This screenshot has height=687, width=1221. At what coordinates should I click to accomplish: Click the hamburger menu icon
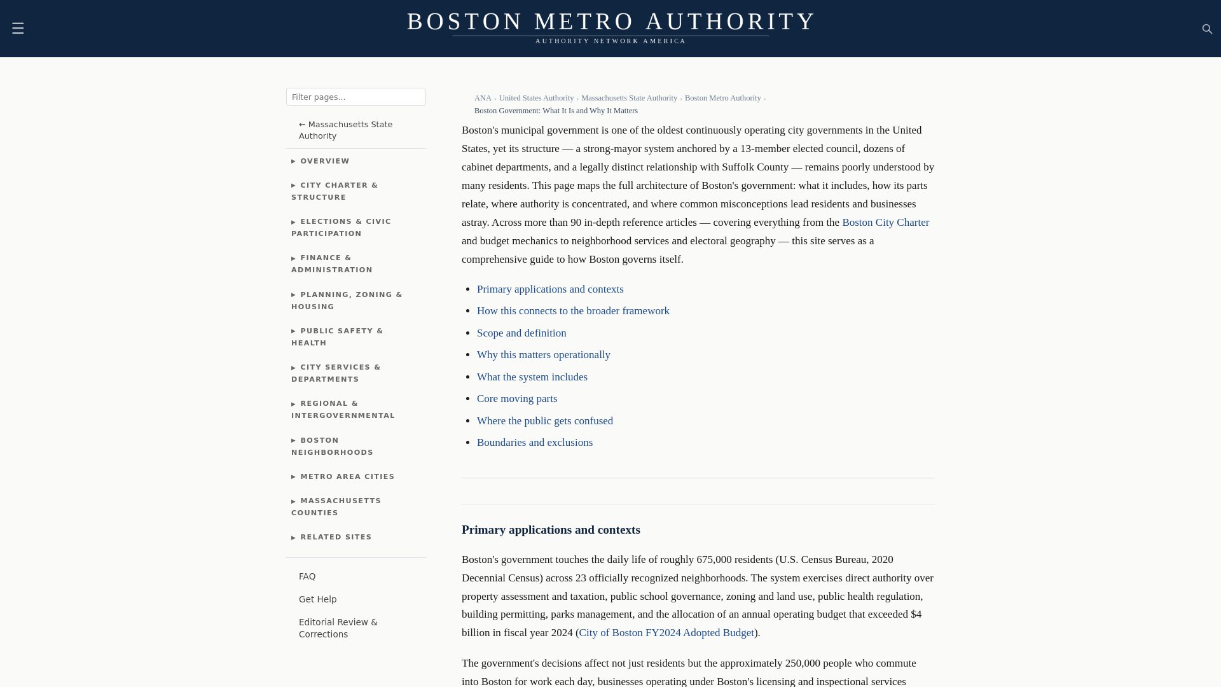[x=18, y=29]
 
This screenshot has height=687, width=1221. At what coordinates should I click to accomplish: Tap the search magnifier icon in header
[x=1207, y=29]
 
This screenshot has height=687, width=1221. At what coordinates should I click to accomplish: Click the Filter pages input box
[x=355, y=97]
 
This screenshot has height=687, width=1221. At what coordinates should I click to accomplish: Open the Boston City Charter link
[x=885, y=223]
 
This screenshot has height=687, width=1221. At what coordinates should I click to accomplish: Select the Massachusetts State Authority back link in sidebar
[x=345, y=130]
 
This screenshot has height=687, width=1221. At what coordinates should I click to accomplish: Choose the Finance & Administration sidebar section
[x=332, y=264]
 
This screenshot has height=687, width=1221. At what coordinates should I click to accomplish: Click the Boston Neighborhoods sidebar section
[x=332, y=446]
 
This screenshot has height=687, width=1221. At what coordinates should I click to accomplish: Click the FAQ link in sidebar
[x=307, y=576]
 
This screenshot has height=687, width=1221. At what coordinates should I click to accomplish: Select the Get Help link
[x=317, y=599]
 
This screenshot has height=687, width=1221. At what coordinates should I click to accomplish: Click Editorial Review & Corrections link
[x=338, y=628]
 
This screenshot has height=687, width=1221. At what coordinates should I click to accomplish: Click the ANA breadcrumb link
[x=483, y=98]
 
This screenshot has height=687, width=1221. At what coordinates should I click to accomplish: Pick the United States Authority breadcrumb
[x=536, y=98]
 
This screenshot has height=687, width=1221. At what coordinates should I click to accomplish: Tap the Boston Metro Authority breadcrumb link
[x=722, y=98]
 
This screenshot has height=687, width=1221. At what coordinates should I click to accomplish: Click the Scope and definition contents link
[x=521, y=333]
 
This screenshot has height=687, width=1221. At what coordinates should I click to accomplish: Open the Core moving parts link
[x=517, y=399]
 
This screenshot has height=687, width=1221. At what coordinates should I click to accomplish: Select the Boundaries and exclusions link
[x=535, y=443]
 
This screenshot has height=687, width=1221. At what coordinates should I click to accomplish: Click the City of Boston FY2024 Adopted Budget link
[x=666, y=633]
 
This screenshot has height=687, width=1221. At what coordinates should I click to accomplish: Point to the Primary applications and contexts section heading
[x=551, y=530]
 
